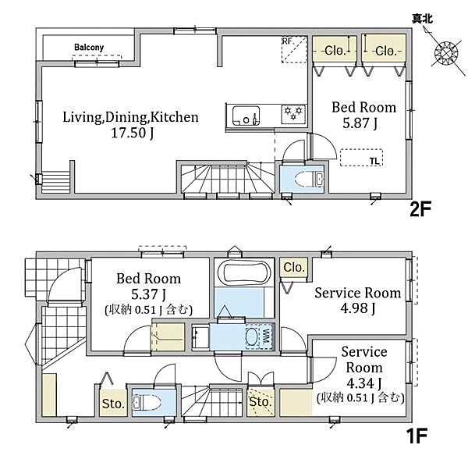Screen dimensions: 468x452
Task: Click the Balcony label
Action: (x=89, y=47)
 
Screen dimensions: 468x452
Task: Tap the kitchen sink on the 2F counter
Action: (x=246, y=116)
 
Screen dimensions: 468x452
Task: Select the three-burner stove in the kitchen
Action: (x=293, y=114)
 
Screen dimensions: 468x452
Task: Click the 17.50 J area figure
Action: (x=133, y=133)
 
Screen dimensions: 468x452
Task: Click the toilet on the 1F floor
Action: (x=147, y=403)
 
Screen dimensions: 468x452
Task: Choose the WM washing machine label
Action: (x=267, y=336)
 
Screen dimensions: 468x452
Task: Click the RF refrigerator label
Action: (x=287, y=41)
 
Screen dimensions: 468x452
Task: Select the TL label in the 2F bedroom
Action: (x=374, y=162)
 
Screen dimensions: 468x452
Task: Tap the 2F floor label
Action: (x=420, y=209)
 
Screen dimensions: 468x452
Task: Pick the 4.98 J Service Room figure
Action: (x=357, y=308)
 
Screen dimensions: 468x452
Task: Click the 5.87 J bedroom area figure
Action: (x=360, y=123)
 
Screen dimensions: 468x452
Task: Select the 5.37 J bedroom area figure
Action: (x=148, y=294)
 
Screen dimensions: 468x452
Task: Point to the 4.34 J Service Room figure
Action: (x=364, y=383)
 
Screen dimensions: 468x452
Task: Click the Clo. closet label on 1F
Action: (x=294, y=268)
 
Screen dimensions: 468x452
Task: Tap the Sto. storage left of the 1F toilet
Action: (x=113, y=404)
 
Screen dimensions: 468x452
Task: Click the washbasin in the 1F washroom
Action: (x=200, y=337)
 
